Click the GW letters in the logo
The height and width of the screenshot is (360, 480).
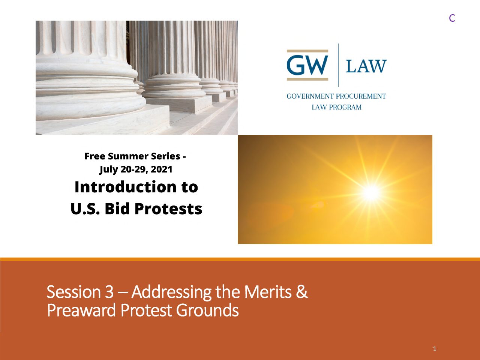[307, 65]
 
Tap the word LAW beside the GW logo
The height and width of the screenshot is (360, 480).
[366, 66]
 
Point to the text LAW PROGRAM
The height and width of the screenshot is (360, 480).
[336, 107]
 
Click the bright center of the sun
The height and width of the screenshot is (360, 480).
[371, 193]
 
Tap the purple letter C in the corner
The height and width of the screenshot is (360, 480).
[452, 18]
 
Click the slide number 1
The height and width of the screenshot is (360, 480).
[435, 349]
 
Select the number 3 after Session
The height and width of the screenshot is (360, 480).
[109, 292]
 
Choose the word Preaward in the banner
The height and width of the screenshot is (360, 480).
[81, 310]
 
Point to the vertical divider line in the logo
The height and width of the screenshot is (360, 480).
[339, 65]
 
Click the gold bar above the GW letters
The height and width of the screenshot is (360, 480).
[307, 51]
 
